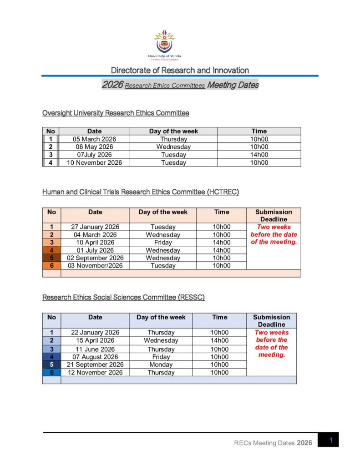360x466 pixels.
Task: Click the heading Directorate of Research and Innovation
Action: (x=180, y=70)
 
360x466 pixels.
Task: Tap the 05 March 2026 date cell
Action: (x=95, y=139)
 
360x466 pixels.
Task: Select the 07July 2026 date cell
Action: (x=95, y=155)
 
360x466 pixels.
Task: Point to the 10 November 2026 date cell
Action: (x=95, y=162)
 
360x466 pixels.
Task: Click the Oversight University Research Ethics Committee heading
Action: (x=116, y=113)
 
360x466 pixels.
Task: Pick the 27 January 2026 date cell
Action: (x=95, y=227)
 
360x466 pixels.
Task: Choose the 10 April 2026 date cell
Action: (x=95, y=243)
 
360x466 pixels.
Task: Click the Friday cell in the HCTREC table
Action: (x=163, y=243)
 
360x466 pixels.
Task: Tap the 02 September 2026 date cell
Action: (x=95, y=258)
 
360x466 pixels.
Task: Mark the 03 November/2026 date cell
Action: (x=95, y=266)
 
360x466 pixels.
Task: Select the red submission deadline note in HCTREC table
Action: (x=274, y=234)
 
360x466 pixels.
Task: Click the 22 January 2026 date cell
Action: (x=95, y=332)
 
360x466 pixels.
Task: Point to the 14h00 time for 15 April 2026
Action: (x=219, y=340)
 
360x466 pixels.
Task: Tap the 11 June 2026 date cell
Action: (x=95, y=349)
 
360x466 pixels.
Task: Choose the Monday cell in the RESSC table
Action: (x=161, y=365)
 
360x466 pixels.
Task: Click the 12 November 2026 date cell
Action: (x=95, y=372)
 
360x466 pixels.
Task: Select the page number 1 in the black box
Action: (x=331, y=440)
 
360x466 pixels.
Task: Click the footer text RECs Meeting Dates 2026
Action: (x=273, y=443)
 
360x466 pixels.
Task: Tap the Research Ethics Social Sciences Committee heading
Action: (x=123, y=297)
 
